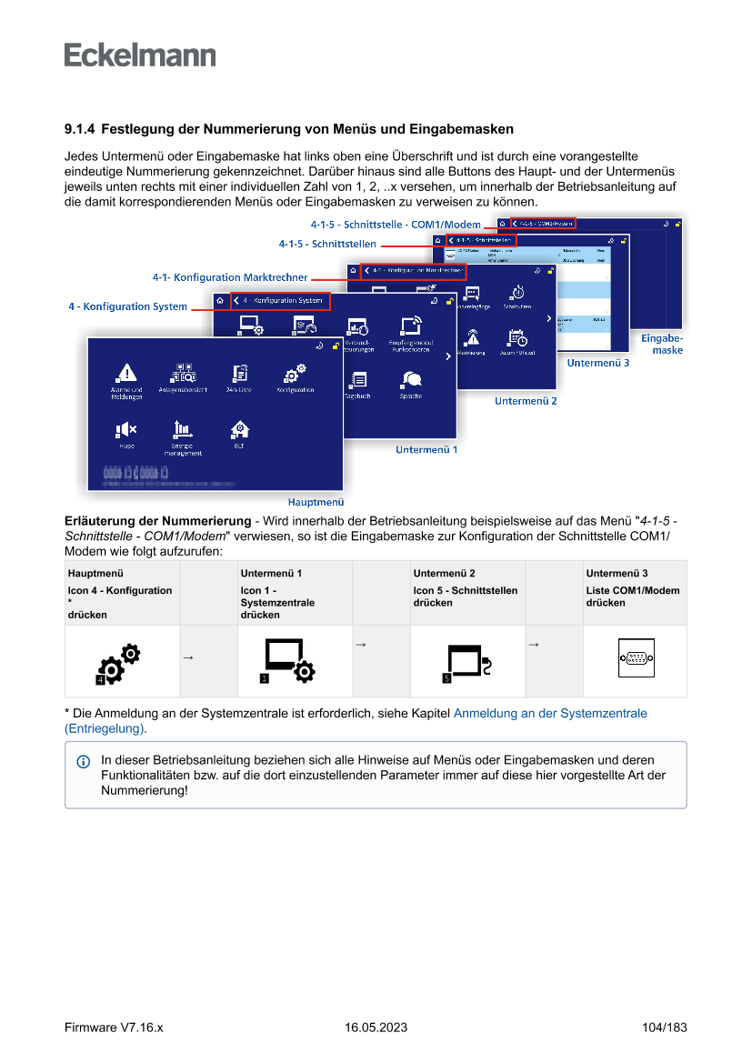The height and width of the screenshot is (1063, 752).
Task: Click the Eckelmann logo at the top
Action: point(140,55)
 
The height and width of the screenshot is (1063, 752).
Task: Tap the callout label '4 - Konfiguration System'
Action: point(127,306)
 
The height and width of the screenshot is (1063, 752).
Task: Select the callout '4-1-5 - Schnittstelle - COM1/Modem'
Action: point(396,225)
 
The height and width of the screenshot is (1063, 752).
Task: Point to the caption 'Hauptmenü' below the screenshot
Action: point(316,501)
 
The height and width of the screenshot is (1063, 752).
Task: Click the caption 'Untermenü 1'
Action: point(426,449)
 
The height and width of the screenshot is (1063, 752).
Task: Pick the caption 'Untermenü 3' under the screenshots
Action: point(598,363)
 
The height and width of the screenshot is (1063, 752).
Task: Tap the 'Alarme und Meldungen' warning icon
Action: point(126,373)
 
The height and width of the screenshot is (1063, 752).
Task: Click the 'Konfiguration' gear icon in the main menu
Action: point(295,373)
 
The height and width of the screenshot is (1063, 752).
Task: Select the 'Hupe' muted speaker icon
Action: point(126,429)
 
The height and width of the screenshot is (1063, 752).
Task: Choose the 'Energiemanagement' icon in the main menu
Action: point(183,429)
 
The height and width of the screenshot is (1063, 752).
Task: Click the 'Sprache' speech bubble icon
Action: point(410,379)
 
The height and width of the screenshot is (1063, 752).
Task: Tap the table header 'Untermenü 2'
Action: point(444,573)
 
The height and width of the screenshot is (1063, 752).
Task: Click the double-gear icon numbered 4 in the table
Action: point(119,663)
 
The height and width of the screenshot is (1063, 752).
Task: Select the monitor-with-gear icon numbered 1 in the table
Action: point(288,661)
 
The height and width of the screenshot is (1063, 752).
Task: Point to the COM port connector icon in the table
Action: point(636,661)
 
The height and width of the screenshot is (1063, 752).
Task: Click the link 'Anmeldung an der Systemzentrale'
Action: point(550,714)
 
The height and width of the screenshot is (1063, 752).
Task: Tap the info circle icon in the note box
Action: point(84,760)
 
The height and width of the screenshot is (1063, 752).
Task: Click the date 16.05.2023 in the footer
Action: point(376,1028)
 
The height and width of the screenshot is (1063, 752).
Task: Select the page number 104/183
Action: point(664,1028)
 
